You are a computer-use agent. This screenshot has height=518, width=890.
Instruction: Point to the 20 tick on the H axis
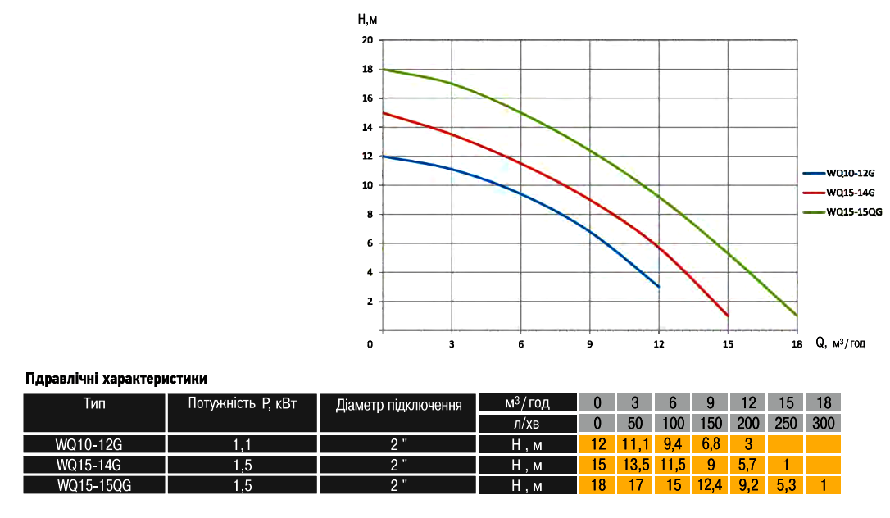point(368,40)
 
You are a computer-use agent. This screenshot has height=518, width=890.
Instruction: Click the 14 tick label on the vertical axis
point(368,127)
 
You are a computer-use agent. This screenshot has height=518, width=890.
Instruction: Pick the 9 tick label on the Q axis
point(590,344)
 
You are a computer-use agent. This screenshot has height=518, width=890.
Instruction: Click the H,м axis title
point(367,17)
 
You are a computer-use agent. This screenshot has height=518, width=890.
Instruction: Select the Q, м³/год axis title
point(840,343)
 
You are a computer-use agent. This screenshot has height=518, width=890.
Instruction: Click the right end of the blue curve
point(659,286)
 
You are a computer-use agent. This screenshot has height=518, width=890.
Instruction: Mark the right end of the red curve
point(728,316)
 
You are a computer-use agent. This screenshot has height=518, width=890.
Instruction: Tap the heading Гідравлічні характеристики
point(116,379)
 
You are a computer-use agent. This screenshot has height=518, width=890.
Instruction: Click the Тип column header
point(94,403)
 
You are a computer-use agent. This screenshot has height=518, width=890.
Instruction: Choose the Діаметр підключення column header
point(398,404)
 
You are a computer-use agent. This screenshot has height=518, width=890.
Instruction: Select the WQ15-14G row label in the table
point(94,466)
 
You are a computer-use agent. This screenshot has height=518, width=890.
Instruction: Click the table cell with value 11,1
point(634,445)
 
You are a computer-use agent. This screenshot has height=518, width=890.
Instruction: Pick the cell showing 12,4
point(710,485)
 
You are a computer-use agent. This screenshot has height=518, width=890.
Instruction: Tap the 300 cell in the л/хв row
point(823,424)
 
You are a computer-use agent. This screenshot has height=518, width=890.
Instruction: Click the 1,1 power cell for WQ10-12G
point(243,445)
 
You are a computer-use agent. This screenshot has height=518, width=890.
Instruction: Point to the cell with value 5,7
point(747,466)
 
